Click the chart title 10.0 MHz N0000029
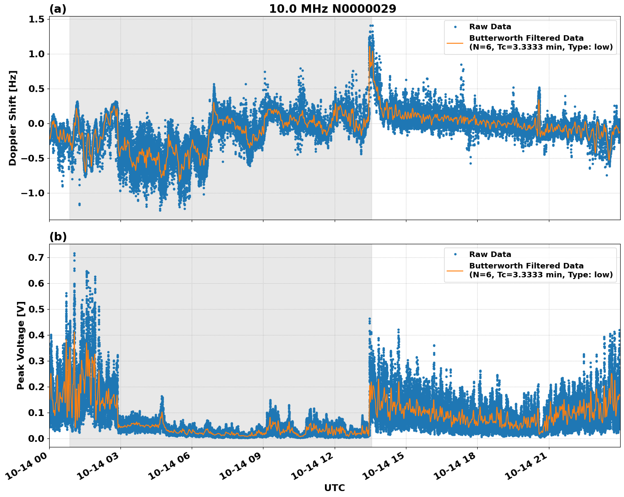coord(333,9)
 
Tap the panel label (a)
coord(58,9)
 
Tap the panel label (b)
coord(58,237)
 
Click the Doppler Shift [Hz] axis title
coord(13,118)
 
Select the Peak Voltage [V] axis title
coord(21,345)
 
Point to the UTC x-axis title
coord(334,488)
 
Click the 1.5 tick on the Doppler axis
coord(37,19)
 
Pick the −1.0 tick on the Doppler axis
coord(32,193)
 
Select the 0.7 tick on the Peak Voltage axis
coord(37,257)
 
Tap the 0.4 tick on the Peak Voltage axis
coord(37,335)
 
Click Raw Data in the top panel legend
coord(490,27)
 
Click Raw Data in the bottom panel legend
coord(490,254)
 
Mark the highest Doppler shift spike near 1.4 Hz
coord(371,25)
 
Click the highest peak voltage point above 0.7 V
coord(74,254)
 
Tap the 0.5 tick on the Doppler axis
coord(37,89)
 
